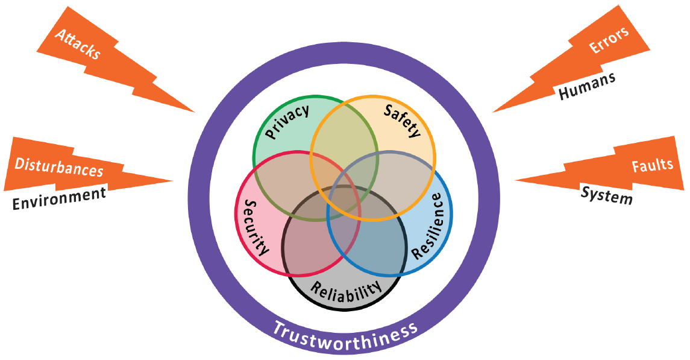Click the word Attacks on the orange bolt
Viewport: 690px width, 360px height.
[x=77, y=43]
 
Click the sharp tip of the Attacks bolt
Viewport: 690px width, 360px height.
[x=195, y=112]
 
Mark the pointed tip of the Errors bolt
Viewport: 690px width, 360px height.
[x=493, y=112]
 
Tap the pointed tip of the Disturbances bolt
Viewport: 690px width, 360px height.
[x=173, y=180]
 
